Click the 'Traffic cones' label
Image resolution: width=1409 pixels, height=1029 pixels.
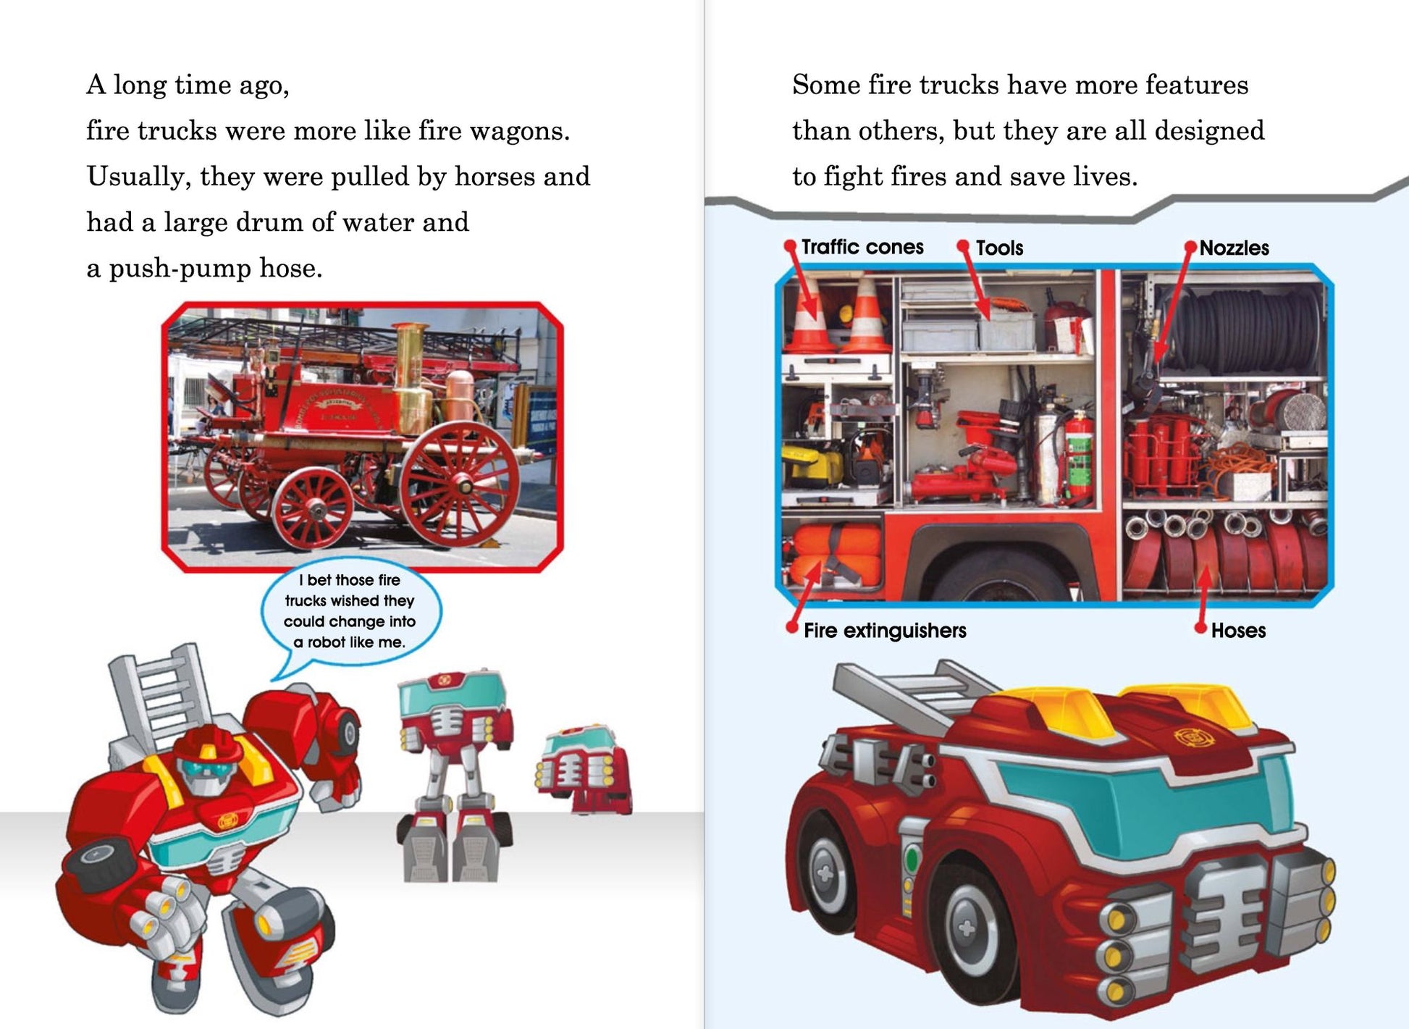[x=862, y=247]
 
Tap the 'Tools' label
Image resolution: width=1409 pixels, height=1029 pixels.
[x=999, y=248]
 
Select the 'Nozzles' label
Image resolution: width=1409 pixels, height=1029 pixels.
[x=1234, y=248]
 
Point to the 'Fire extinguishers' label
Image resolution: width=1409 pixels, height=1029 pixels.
[x=885, y=631]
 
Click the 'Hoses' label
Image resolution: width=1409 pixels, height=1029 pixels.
[x=1238, y=631]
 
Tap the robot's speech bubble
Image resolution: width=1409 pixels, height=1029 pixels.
[x=350, y=612]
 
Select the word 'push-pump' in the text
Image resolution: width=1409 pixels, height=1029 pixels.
[x=180, y=269]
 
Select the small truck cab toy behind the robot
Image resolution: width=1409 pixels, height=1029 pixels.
[x=584, y=769]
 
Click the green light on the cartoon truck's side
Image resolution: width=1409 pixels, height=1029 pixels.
[x=912, y=860]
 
